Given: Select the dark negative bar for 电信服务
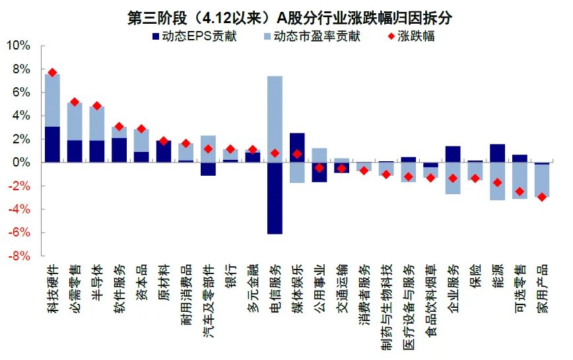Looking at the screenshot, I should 275,198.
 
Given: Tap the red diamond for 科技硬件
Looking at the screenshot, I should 53,72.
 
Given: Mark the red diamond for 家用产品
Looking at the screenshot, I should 542,197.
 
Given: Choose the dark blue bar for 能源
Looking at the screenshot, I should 497,153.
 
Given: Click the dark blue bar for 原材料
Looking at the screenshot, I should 164,151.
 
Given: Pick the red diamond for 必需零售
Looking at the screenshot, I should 75,102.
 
